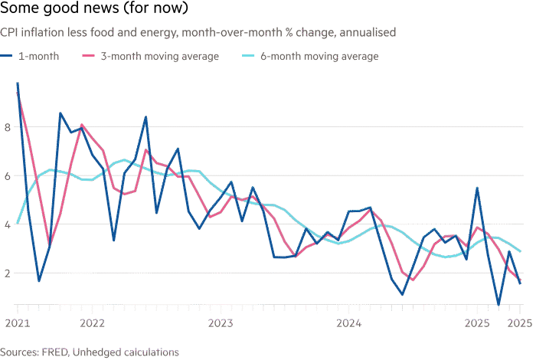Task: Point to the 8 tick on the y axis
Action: (x=7, y=127)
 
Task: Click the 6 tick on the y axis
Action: (x=7, y=175)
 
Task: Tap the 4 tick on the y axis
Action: (x=7, y=224)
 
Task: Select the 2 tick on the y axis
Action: (x=7, y=273)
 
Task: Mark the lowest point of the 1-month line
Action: (x=498, y=304)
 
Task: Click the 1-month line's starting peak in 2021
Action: (x=17, y=83)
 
